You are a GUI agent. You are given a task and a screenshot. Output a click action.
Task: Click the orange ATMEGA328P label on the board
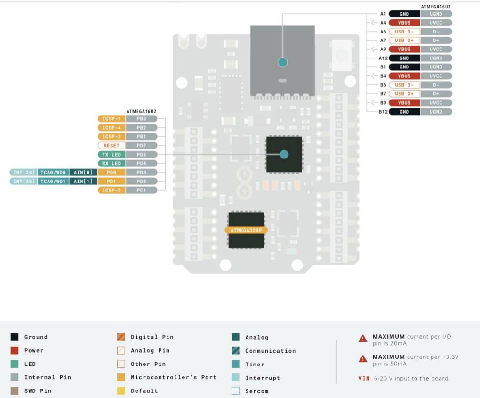click(246, 230)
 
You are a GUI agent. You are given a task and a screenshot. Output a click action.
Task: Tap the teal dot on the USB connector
click(282, 62)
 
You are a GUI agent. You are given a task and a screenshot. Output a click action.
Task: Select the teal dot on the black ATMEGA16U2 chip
click(284, 154)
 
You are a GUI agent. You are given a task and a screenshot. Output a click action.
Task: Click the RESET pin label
click(112, 146)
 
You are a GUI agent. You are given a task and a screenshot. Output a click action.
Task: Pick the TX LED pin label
click(112, 155)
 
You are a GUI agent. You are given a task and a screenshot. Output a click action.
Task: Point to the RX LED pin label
click(112, 164)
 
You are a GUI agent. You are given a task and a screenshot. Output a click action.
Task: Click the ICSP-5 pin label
click(112, 190)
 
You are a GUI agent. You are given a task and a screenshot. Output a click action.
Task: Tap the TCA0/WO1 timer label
click(53, 182)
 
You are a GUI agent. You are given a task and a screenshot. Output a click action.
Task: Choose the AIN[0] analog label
click(82, 173)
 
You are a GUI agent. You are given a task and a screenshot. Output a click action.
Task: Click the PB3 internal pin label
click(141, 119)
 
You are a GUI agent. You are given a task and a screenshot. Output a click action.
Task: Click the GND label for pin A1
click(404, 14)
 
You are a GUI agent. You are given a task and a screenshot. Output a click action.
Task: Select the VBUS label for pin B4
click(404, 76)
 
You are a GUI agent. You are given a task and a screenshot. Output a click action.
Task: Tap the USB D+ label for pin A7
click(404, 41)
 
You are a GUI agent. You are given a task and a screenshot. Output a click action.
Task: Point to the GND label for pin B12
click(404, 112)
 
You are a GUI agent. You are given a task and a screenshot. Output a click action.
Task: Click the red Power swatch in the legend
click(15, 350)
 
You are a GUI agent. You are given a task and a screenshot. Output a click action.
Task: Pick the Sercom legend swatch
click(235, 391)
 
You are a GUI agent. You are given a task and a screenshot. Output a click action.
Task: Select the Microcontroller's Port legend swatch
click(121, 377)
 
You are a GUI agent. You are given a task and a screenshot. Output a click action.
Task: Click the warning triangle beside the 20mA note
click(363, 338)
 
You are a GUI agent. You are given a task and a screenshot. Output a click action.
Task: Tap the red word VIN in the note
click(364, 378)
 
